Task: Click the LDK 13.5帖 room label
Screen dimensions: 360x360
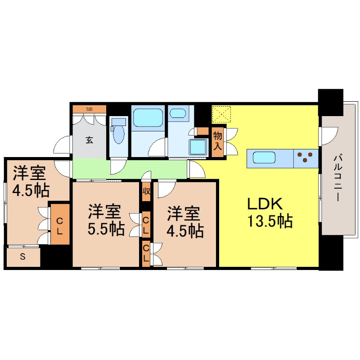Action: tap(269, 212)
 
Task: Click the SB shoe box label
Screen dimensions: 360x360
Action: tap(89, 109)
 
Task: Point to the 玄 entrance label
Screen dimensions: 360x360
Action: tap(89, 139)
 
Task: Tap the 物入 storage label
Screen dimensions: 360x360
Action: tap(218, 140)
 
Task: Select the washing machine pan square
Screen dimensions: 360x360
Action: tap(198, 147)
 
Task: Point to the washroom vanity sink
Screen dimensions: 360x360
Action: tap(179, 112)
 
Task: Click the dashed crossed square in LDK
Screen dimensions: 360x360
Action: tap(221, 114)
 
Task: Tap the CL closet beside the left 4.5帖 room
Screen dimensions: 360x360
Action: tap(59, 224)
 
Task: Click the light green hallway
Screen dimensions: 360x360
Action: tap(130, 169)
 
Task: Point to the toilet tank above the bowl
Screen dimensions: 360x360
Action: tap(118, 121)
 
